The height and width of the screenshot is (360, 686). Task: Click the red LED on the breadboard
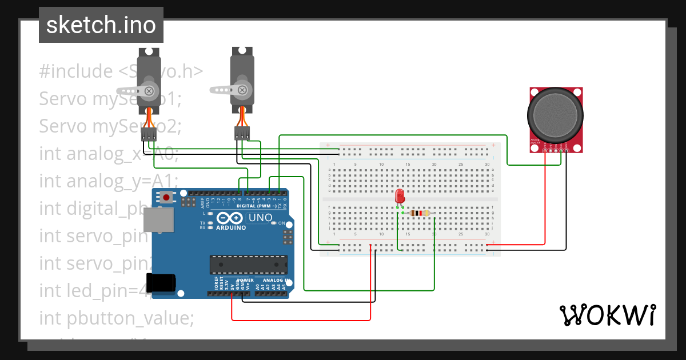pos(400,196)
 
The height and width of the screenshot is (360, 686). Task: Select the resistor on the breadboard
pos(421,214)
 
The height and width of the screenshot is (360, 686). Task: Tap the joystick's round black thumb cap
pos(556,117)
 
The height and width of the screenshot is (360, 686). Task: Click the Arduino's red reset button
pos(166,198)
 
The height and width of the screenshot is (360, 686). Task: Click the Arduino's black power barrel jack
pos(159,283)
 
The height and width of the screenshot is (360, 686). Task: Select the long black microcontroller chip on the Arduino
pos(248,265)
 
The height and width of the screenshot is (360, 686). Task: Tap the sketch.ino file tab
pos(101,25)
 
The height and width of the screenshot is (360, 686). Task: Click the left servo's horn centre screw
pos(150,90)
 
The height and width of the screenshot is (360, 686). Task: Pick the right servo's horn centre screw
pos(242,90)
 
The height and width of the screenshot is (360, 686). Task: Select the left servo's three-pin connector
pos(149,134)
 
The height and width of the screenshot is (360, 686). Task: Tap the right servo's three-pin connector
pos(242,134)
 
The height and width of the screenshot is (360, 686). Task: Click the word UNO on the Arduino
pos(260,218)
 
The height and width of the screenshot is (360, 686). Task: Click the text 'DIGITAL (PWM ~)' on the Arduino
pos(260,205)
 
